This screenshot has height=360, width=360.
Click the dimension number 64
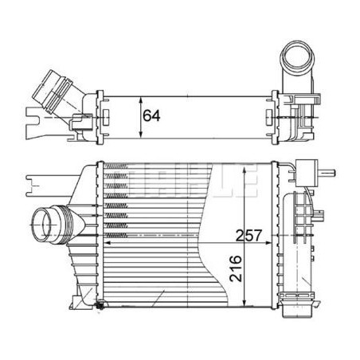(151, 115)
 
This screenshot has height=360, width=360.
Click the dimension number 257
(248, 235)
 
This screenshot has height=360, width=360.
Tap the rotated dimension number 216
(236, 268)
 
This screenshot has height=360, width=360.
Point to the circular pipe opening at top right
(297, 57)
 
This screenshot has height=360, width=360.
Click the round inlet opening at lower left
(42, 225)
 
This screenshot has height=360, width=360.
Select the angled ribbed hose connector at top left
(53, 91)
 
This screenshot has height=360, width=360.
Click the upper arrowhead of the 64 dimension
(141, 100)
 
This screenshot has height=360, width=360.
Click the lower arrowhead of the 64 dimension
(141, 135)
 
